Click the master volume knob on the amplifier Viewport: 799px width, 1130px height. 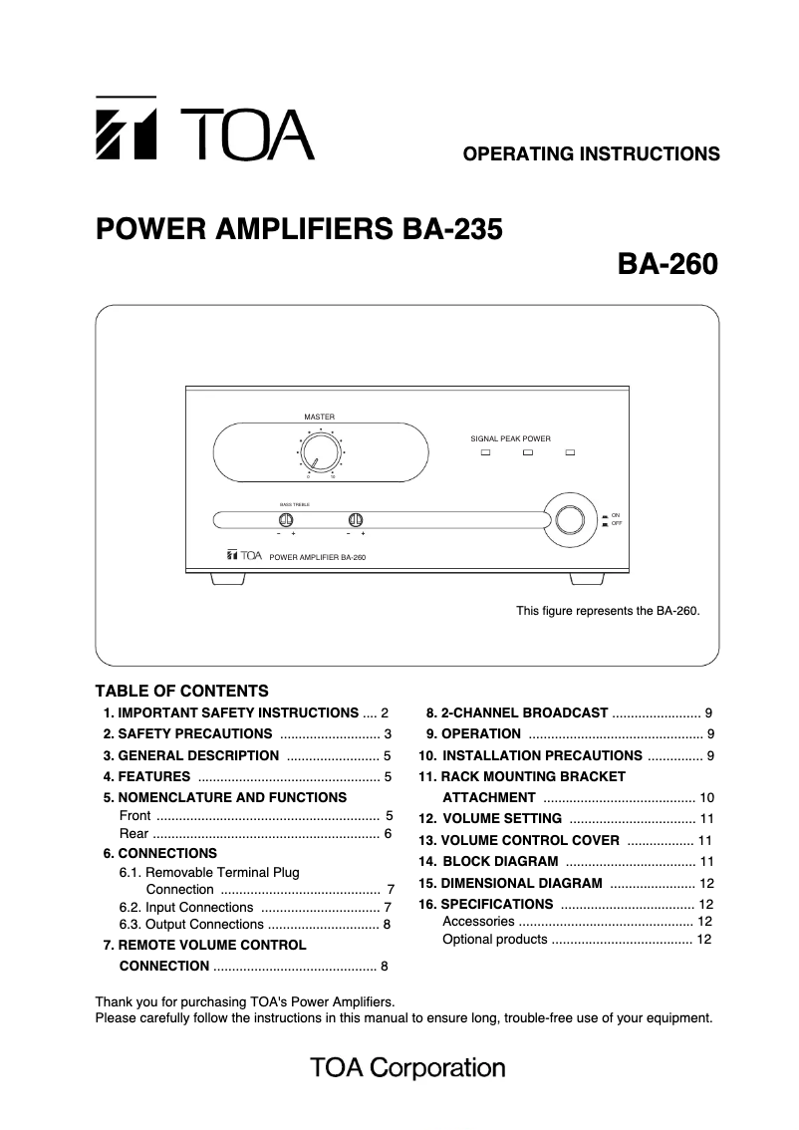pyautogui.click(x=320, y=452)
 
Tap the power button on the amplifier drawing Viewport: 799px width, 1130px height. pyautogui.click(x=570, y=519)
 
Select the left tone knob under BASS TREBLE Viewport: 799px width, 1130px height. pyautogui.click(x=286, y=519)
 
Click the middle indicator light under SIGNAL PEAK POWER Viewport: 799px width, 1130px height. pyautogui.click(x=529, y=453)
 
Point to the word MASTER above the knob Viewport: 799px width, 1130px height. pyautogui.click(x=319, y=416)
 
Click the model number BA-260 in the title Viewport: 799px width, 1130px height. pyautogui.click(x=667, y=266)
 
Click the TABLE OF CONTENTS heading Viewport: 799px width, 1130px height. pyautogui.click(x=181, y=691)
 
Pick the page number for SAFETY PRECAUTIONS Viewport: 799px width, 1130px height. pyautogui.click(x=388, y=734)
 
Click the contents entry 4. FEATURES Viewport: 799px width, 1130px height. pyautogui.click(x=147, y=776)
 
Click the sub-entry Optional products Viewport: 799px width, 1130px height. pyautogui.click(x=494, y=940)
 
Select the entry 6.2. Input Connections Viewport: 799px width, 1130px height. pyautogui.click(x=186, y=907)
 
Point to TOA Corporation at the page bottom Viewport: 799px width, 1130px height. pyautogui.click(x=407, y=1068)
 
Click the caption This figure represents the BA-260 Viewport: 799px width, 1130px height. pyautogui.click(x=608, y=611)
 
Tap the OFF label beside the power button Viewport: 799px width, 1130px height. pyautogui.click(x=616, y=523)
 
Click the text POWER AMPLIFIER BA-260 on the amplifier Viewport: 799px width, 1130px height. pyautogui.click(x=319, y=557)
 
